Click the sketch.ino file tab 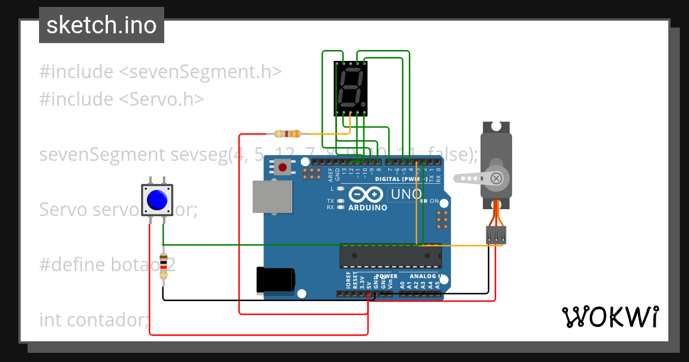[x=101, y=25]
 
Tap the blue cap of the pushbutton [x=157, y=200]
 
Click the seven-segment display [x=350, y=87]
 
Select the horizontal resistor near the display [x=288, y=134]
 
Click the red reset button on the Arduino [x=282, y=168]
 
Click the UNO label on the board [x=406, y=195]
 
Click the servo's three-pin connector [x=496, y=234]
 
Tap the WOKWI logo [x=610, y=317]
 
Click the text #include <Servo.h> [x=121, y=99]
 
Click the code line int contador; [x=94, y=319]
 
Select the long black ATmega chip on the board [x=390, y=256]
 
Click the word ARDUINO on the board [x=367, y=207]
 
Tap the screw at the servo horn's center [x=497, y=179]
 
